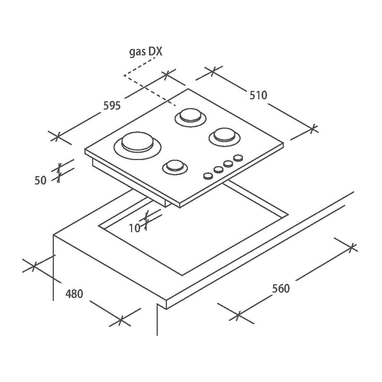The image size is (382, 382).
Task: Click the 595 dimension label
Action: (112, 106)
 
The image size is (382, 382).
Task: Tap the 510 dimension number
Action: (258, 95)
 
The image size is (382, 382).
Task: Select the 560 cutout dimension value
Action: (281, 288)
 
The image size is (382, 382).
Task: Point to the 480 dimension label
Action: (74, 294)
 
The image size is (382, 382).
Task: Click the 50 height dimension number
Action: (40, 181)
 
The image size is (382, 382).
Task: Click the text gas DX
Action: (146, 52)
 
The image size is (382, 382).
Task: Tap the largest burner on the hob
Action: (138, 146)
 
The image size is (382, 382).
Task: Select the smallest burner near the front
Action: (175, 167)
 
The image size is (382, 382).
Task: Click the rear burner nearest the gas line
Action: (191, 118)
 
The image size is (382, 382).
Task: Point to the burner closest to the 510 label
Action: (224, 137)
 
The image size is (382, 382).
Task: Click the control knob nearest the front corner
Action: (208, 176)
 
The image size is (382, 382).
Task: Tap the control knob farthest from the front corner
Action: (238, 158)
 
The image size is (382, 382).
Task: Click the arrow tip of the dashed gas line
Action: (124, 75)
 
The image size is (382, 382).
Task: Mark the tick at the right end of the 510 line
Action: (313, 129)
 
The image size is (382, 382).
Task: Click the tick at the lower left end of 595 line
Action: (57, 136)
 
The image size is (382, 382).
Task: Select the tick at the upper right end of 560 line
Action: (351, 248)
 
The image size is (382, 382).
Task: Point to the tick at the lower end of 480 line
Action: (121, 321)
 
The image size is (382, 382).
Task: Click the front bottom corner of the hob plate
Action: (180, 208)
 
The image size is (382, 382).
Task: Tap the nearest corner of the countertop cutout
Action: (182, 275)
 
